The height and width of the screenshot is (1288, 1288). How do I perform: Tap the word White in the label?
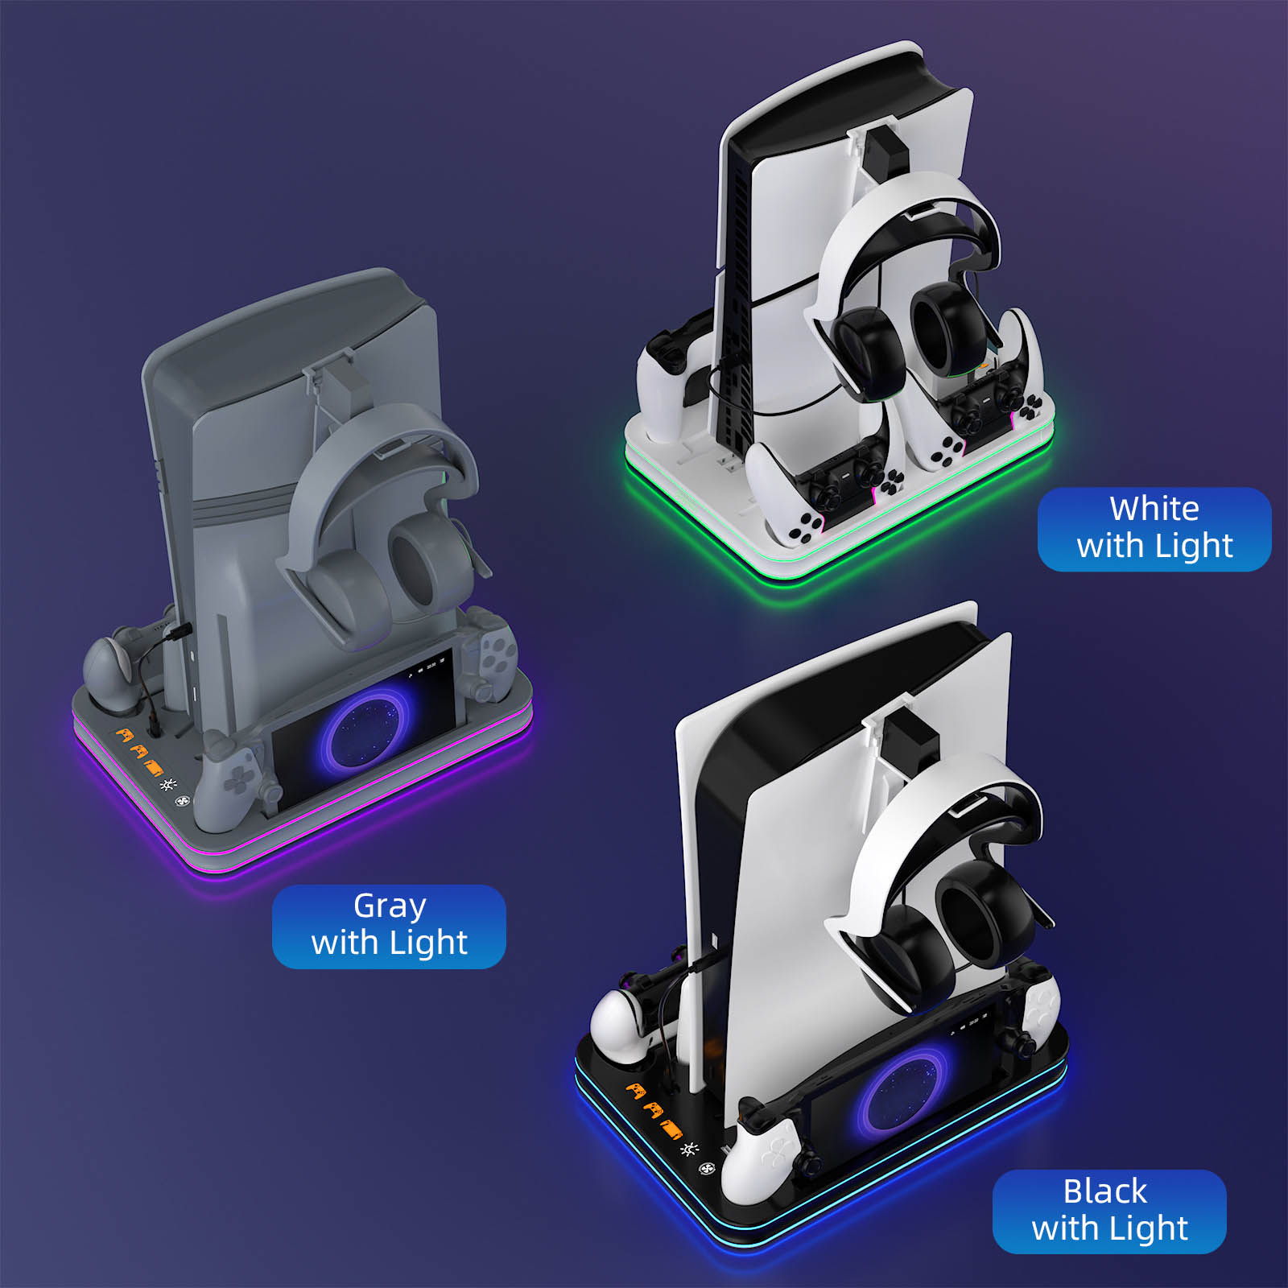click(1154, 509)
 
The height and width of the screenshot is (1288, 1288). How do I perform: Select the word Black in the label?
click(1105, 1191)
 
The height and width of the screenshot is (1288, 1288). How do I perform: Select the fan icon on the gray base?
click(182, 801)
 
